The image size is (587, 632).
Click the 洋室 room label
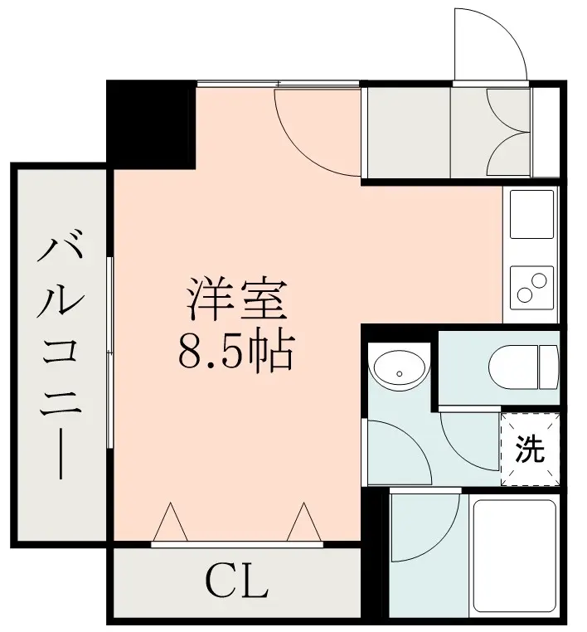coord(237,298)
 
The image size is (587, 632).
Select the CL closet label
coord(236,582)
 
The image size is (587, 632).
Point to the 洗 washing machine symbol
coord(530,449)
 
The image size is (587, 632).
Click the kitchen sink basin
coord(531,214)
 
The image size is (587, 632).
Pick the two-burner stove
coord(531,287)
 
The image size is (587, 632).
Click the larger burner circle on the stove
coord(539,280)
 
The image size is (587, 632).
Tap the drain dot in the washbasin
coord(399,373)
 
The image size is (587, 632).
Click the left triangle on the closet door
coord(171,521)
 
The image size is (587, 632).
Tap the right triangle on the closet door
coord(304,521)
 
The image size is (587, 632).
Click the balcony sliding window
coord(109,352)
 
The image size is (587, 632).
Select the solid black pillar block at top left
coord(152,124)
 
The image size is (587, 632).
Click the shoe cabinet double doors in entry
coord(507,132)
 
